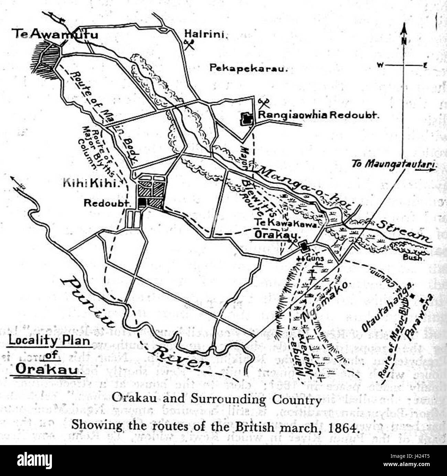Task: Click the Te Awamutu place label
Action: (x=55, y=34)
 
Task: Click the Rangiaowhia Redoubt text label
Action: (x=318, y=115)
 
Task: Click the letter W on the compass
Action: (x=380, y=65)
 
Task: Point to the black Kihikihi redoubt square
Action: (x=142, y=203)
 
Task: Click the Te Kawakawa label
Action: (x=288, y=223)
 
